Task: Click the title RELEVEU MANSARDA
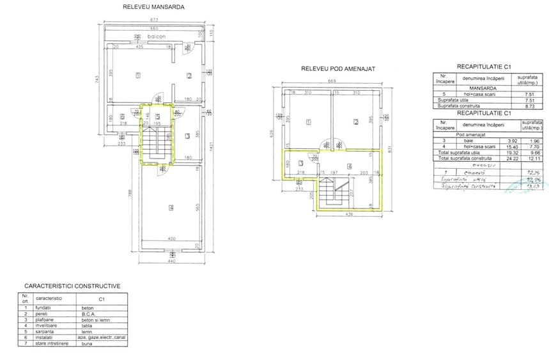(x=154, y=8)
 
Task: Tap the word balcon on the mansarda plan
(x=155, y=37)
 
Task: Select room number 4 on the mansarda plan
(x=171, y=207)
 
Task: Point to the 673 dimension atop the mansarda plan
(x=154, y=20)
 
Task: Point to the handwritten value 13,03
(x=530, y=186)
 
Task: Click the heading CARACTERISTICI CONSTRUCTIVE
(x=72, y=286)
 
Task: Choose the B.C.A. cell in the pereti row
(x=88, y=314)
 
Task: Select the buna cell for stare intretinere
(x=88, y=343)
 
